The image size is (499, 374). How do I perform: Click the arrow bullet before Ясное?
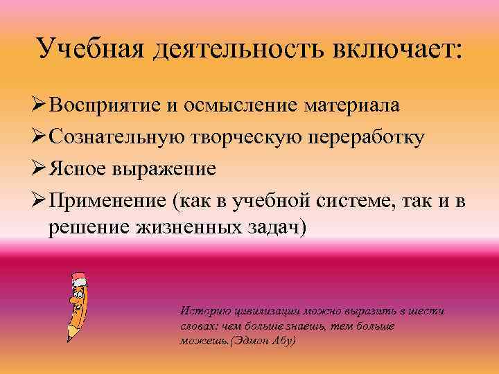(x=39, y=169)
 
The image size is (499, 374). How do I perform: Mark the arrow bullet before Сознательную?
(x=39, y=137)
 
